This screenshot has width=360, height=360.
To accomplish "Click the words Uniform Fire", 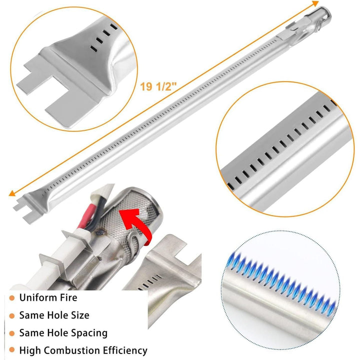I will [48, 297].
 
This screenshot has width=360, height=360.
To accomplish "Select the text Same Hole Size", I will [54, 315].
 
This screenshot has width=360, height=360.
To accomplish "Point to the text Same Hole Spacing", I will [63, 332].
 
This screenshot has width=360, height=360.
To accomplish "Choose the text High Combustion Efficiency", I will [83, 350].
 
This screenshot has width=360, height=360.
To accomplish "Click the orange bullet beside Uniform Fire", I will [11, 298].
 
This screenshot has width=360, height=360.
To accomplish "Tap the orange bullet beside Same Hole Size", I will [11, 315].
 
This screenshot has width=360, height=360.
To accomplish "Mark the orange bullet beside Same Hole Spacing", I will [11, 333].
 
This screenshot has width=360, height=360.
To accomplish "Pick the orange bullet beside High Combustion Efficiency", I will [11, 350].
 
